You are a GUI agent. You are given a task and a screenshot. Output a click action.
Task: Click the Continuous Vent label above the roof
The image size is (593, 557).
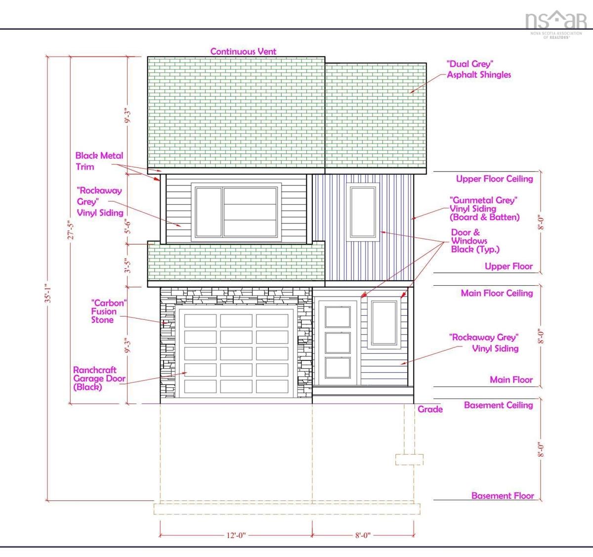click(x=243, y=51)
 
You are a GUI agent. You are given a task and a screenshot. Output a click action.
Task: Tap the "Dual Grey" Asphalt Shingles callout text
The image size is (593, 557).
click(x=479, y=69)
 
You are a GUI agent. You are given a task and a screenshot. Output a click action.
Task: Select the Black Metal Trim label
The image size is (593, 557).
click(x=99, y=161)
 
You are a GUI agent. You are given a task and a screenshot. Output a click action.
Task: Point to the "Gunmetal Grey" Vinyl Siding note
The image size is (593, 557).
click(x=484, y=209)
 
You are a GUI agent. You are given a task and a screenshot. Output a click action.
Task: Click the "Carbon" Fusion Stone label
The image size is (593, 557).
click(x=109, y=311)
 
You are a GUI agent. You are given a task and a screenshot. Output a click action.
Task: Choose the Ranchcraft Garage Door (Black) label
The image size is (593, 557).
click(x=99, y=379)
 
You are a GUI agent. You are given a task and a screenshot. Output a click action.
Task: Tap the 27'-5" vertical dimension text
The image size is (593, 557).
click(x=71, y=230)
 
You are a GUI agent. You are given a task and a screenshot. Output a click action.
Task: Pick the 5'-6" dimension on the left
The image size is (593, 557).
click(x=128, y=227)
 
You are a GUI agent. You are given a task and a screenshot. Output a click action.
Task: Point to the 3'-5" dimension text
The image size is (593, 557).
click(x=128, y=266)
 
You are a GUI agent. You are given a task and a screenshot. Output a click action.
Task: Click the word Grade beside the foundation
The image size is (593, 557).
click(x=430, y=409)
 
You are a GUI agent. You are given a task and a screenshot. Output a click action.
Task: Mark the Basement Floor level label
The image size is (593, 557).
click(x=503, y=496)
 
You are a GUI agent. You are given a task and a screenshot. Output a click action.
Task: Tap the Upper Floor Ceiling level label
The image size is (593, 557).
click(x=495, y=179)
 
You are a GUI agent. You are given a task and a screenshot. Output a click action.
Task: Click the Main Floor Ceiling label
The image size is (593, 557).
click(x=497, y=293)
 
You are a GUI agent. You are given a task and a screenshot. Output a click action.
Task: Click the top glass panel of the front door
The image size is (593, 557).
click(x=338, y=317)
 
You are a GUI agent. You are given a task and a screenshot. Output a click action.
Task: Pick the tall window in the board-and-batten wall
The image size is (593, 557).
click(x=363, y=212)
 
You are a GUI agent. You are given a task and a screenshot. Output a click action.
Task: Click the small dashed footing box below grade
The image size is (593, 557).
click(x=409, y=460)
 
